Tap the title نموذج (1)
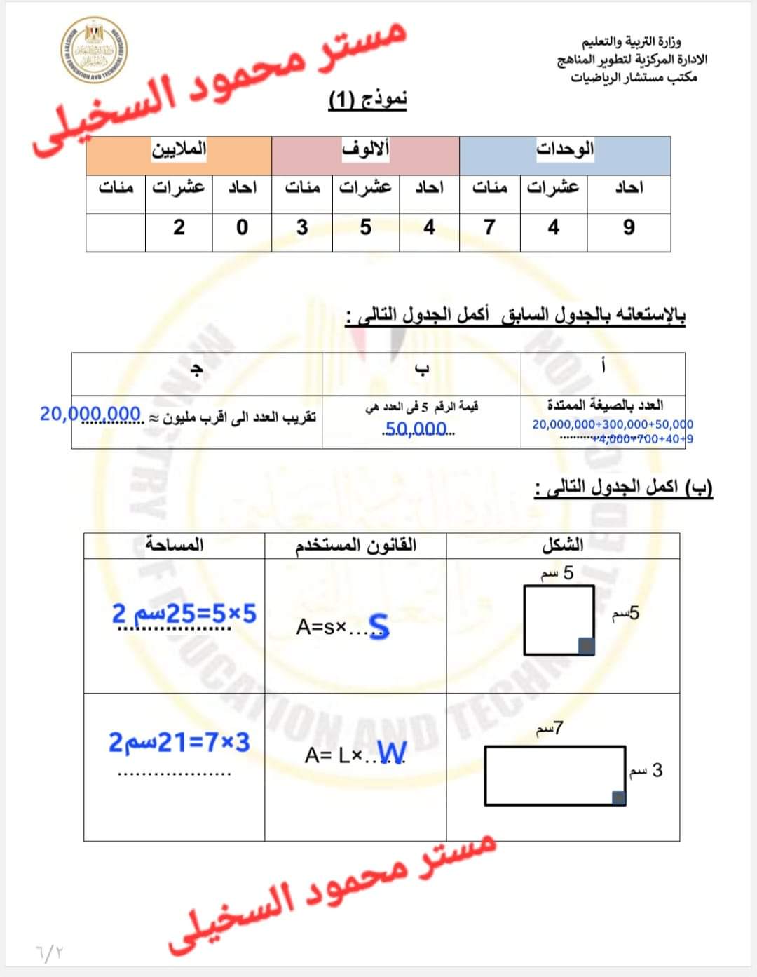(368, 100)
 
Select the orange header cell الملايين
(179, 149)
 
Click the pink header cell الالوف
(365, 149)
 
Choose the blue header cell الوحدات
(565, 149)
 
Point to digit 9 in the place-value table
(629, 227)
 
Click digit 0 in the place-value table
(242, 227)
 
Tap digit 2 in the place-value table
(179, 227)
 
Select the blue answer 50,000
(416, 429)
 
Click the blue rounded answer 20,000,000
(90, 414)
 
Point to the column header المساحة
(174, 544)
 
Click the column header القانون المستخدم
(355, 545)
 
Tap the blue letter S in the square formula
(378, 626)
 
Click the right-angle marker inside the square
(586, 646)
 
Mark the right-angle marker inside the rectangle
(618, 797)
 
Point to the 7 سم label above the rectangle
(550, 729)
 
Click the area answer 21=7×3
(179, 742)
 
